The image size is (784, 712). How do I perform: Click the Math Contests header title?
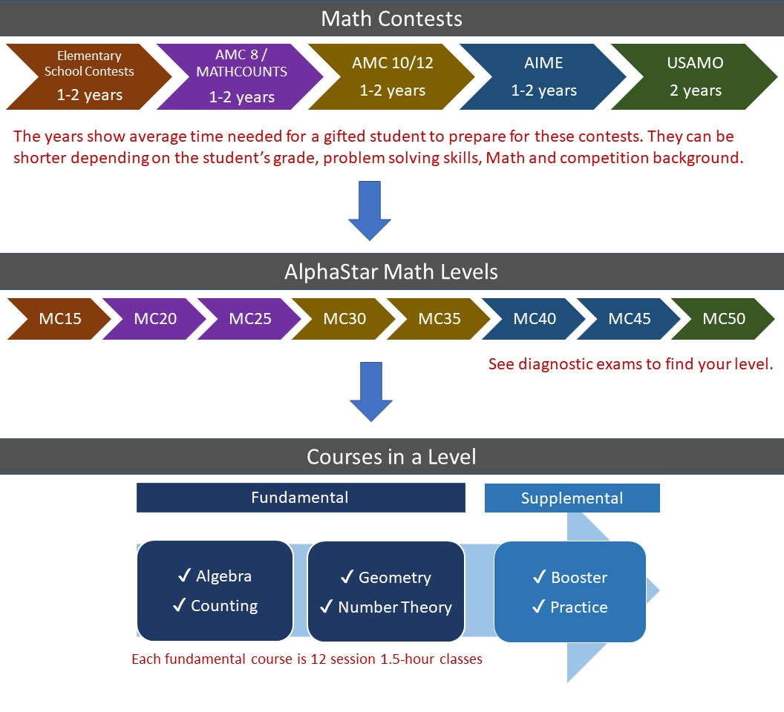[x=391, y=19]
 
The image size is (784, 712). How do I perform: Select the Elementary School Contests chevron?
[x=89, y=77]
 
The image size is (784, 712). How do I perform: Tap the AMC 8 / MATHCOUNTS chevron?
[x=241, y=77]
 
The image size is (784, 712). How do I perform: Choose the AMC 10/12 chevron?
[x=393, y=77]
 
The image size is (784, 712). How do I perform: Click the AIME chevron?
[x=544, y=77]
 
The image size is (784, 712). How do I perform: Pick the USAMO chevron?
[x=694, y=77]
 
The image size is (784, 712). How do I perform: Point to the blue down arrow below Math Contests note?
[x=369, y=211]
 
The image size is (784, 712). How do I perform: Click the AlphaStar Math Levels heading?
[x=391, y=271]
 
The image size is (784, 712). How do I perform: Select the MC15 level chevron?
[x=60, y=319]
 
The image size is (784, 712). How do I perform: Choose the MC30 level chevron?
[x=344, y=319]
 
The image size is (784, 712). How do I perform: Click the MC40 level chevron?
[x=535, y=319]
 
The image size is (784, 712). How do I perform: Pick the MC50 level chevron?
[x=724, y=319]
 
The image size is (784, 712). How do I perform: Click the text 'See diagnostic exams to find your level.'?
[x=631, y=365]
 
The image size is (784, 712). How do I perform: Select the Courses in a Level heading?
[x=391, y=457]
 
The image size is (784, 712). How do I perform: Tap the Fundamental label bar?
[x=300, y=498]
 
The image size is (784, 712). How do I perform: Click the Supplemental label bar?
[x=572, y=498]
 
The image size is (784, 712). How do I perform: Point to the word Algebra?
[x=223, y=576]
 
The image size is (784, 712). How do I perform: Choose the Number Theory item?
[x=394, y=607]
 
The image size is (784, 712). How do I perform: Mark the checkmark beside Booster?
[x=540, y=577]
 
